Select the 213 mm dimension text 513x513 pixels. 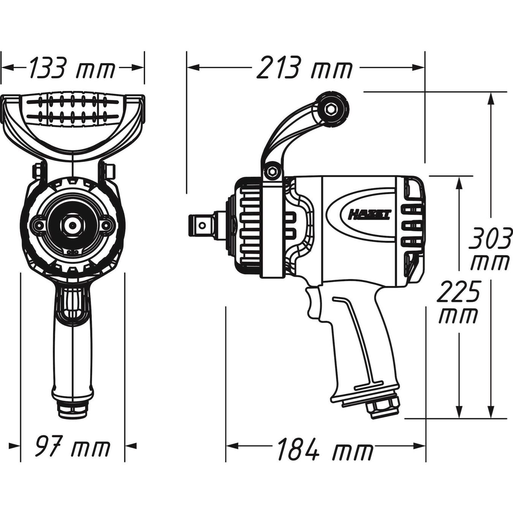pos(305,67)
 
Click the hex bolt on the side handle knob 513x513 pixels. pos(331,108)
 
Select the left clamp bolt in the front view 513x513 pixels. pos(38,172)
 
